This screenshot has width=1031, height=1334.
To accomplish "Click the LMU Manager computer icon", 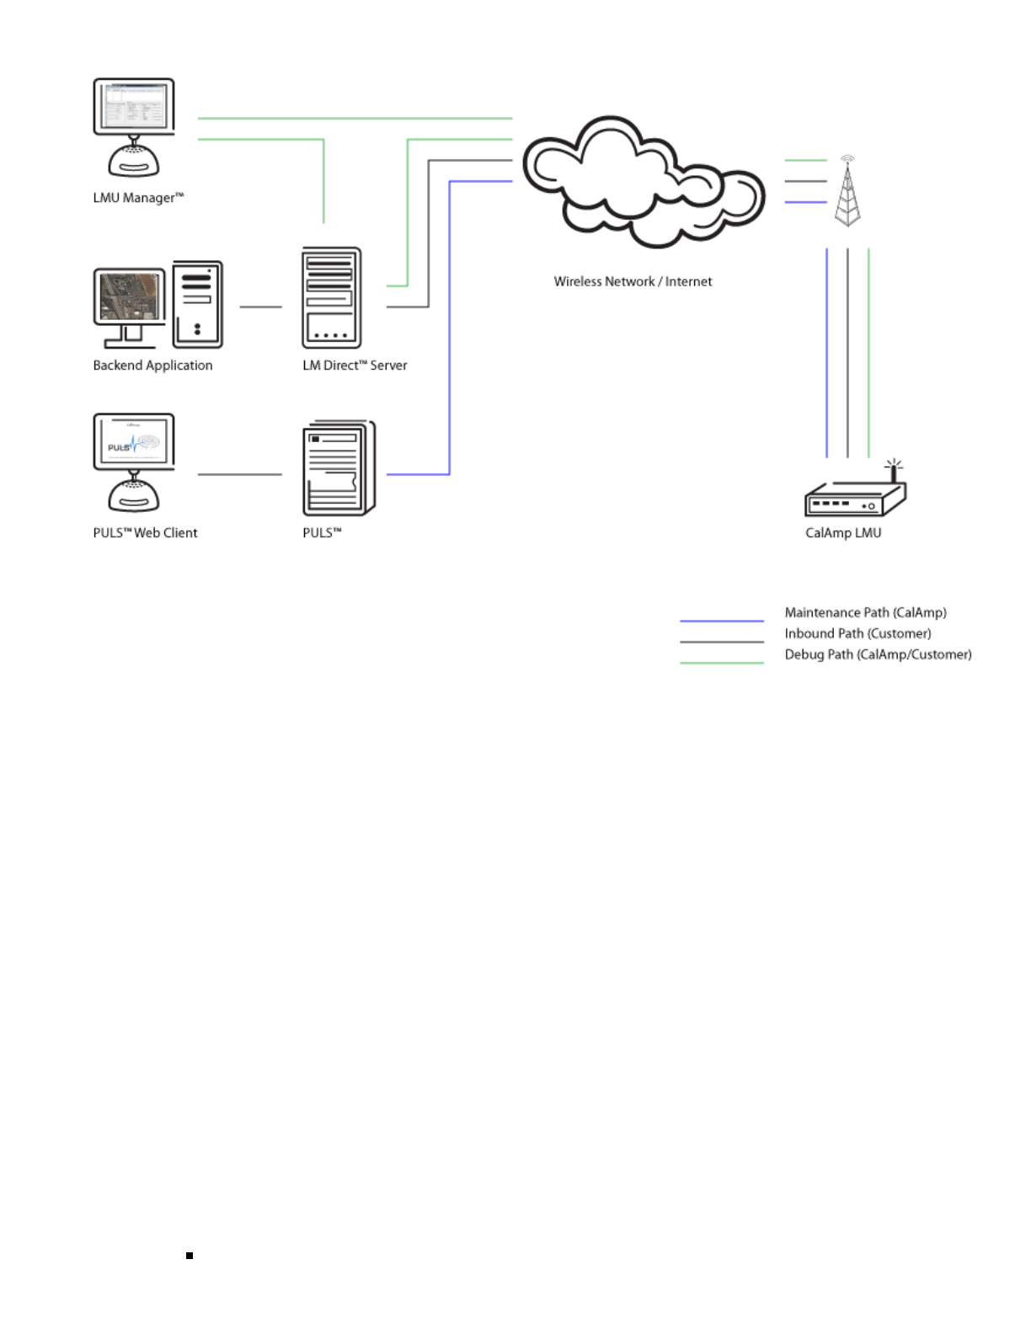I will pyautogui.click(x=133, y=126).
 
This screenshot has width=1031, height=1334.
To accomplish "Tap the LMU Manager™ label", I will pyautogui.click(x=138, y=198).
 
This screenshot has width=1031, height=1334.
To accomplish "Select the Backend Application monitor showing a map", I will pyautogui.click(x=130, y=303).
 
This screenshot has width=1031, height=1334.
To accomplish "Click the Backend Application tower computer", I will pyautogui.click(x=198, y=304).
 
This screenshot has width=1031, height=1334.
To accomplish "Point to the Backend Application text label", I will pyautogui.click(x=152, y=366).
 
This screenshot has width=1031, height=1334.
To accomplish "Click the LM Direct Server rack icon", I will pyautogui.click(x=331, y=297).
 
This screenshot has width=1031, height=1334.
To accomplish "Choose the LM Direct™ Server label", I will pyautogui.click(x=355, y=366).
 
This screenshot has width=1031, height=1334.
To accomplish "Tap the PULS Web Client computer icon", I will pyautogui.click(x=133, y=462).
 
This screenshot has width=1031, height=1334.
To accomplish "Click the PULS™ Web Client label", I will pyautogui.click(x=145, y=533).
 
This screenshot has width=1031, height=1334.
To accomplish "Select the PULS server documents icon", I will pyautogui.click(x=338, y=468).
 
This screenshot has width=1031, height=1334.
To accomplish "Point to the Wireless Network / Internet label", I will pyautogui.click(x=633, y=282).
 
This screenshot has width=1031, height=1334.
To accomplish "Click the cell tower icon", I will pyautogui.click(x=847, y=192).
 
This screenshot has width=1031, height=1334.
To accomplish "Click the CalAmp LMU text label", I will pyautogui.click(x=843, y=533).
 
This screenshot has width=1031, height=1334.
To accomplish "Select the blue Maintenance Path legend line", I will pyautogui.click(x=722, y=621).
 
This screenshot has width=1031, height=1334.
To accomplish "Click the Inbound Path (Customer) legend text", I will pyautogui.click(x=857, y=633).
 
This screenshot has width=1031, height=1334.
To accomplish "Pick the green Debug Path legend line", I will pyautogui.click(x=722, y=663).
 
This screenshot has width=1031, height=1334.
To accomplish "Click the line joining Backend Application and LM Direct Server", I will pyautogui.click(x=261, y=307).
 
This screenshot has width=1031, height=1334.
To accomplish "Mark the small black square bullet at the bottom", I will pyautogui.click(x=190, y=1256).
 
